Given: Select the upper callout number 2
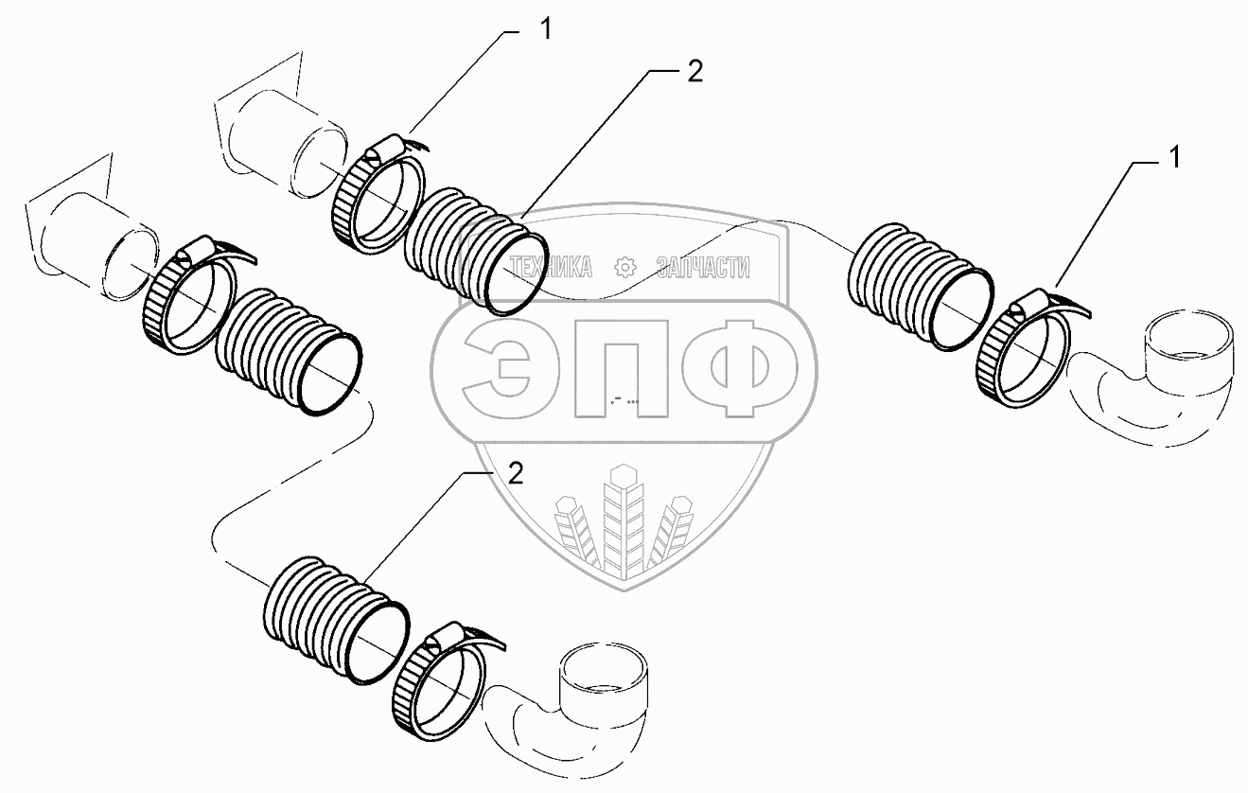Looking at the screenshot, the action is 694,74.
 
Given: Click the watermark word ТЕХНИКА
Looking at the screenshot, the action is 552,268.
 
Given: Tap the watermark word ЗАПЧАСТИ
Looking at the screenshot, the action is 703,268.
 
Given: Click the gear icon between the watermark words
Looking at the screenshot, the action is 624,268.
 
